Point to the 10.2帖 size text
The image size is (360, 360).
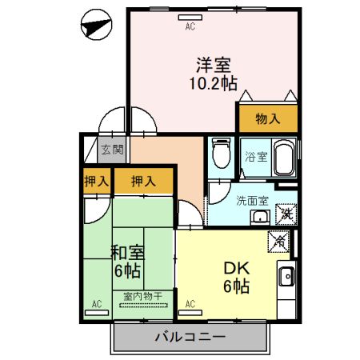212,82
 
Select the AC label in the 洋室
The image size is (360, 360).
190,26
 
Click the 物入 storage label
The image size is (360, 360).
268,118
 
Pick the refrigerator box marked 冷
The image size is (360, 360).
280,239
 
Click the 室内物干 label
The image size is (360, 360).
142,297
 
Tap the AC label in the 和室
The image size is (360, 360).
96,304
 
